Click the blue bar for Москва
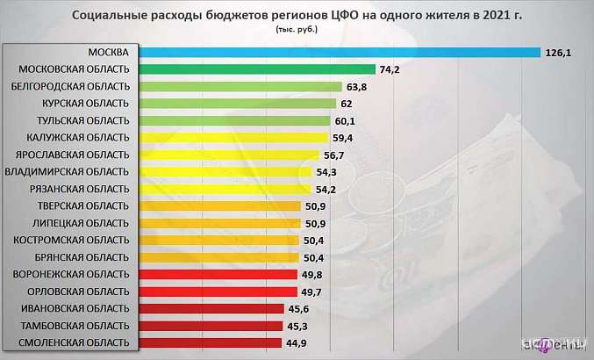click(x=340, y=53)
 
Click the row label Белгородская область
click(x=71, y=86)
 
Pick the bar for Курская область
click(x=238, y=104)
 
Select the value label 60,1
click(x=346, y=120)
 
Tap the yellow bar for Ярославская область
click(x=229, y=155)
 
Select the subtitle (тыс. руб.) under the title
click(x=297, y=29)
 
